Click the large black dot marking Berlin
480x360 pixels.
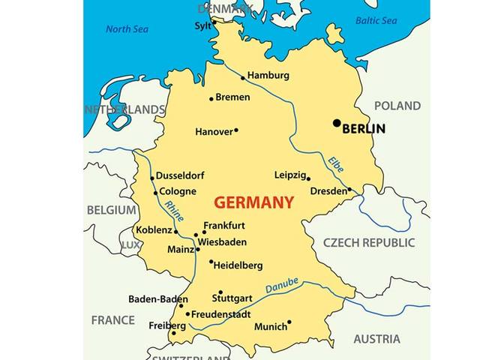337,123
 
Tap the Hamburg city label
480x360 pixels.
268,76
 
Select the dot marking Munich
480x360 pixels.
289,322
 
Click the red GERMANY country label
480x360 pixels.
253,202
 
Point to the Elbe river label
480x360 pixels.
335,166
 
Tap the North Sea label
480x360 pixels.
128,29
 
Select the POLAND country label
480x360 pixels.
397,106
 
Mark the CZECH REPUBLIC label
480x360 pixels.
368,243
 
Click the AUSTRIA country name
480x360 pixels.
376,339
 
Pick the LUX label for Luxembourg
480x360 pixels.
130,245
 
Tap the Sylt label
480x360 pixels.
202,25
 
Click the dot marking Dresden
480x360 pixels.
349,190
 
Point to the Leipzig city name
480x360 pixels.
290,175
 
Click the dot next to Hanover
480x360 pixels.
236,130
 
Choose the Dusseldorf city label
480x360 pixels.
180,175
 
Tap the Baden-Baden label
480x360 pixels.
157,298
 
